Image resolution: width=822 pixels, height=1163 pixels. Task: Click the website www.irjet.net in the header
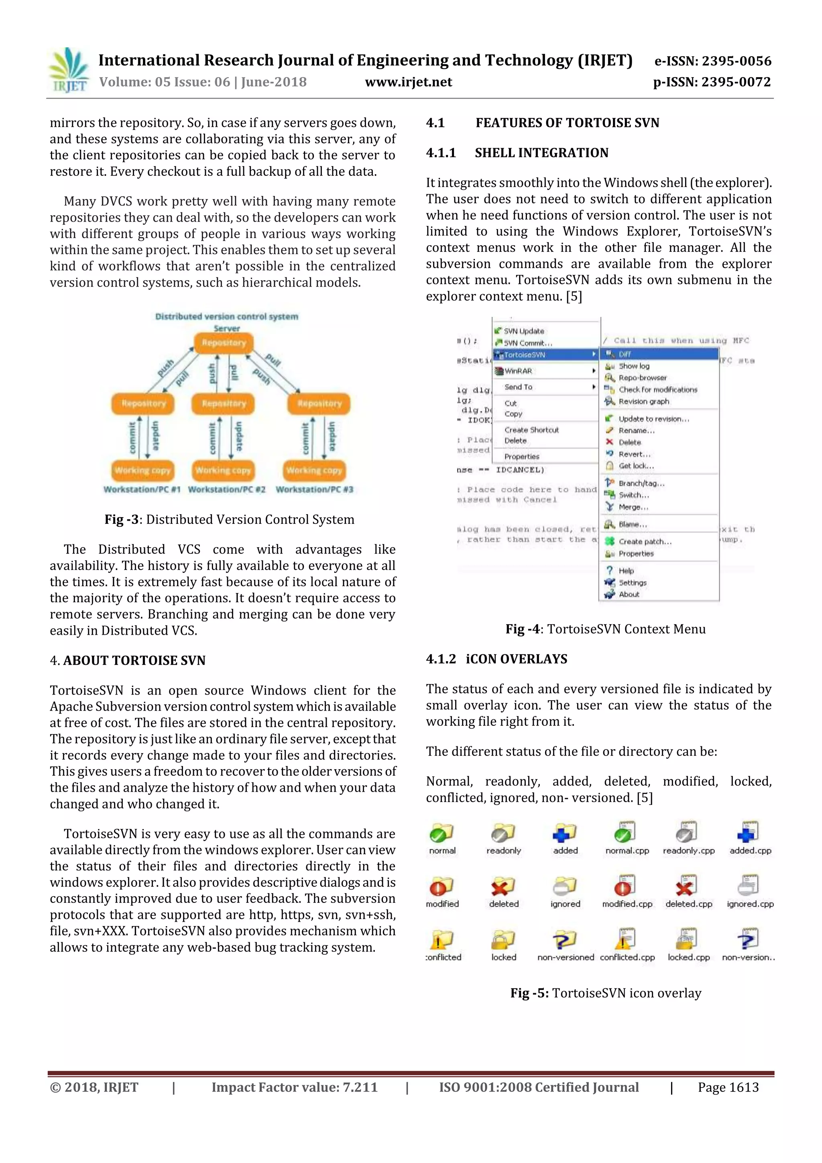coord(408,82)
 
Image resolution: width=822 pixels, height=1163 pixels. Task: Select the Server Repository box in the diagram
coord(224,343)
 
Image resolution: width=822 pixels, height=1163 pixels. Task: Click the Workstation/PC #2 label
coord(226,489)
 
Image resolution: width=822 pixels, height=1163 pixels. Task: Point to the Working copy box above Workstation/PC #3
coord(314,470)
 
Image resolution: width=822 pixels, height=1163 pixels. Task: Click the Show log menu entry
coord(634,366)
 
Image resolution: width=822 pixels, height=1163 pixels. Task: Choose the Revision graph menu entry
coord(643,401)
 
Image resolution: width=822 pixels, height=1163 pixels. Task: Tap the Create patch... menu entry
coord(645,542)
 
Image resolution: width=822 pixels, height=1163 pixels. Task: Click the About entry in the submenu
coord(629,594)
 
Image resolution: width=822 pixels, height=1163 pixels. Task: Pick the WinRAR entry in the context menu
coord(518,371)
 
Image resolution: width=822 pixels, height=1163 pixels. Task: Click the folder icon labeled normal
coord(442,833)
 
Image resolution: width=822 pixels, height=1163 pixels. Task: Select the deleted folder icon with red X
coord(503,886)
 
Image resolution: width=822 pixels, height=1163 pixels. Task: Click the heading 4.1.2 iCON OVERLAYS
coord(496,659)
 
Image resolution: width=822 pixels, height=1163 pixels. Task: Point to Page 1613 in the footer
coord(728,1088)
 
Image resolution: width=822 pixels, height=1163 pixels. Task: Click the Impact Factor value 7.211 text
coord(294,1088)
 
